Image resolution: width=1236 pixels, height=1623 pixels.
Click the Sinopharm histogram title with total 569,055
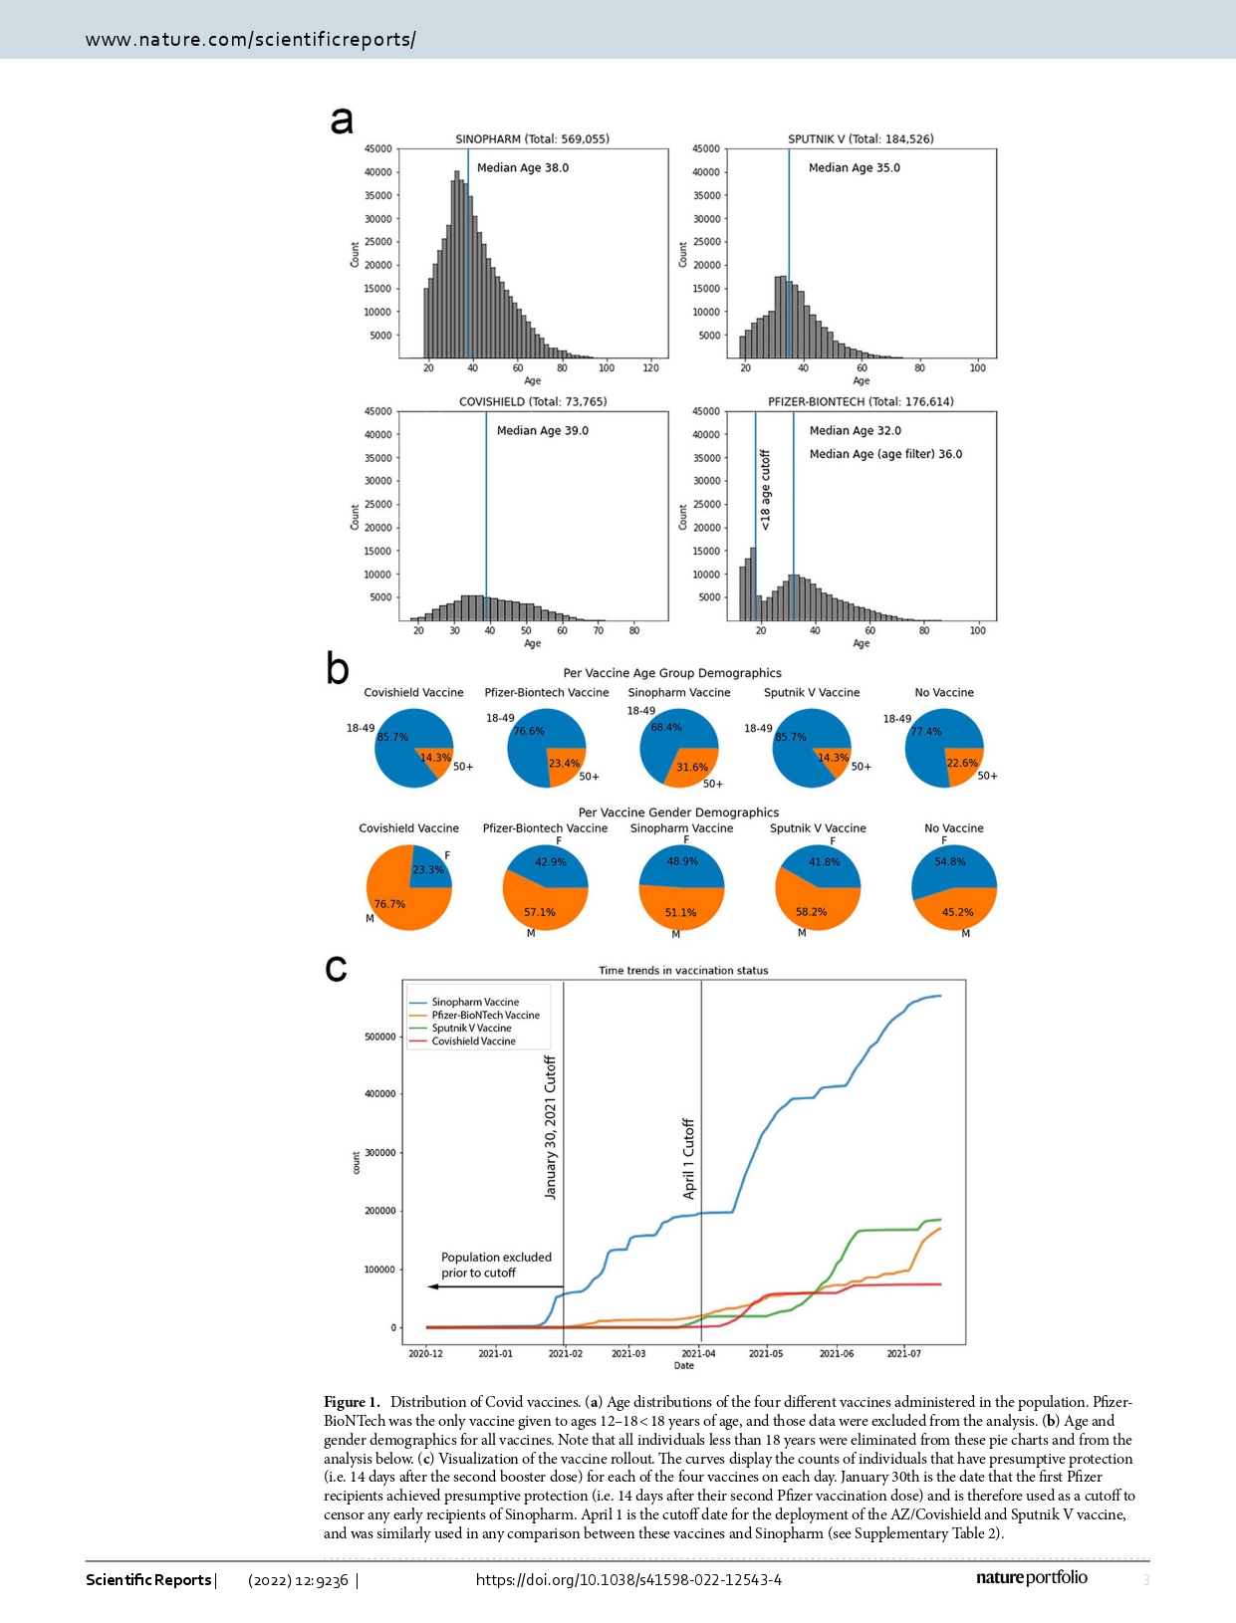pyautogui.click(x=532, y=139)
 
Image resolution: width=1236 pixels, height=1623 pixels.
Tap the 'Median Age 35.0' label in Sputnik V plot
pyautogui.click(x=854, y=168)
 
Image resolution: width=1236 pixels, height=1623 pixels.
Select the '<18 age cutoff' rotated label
pyautogui.click(x=765, y=489)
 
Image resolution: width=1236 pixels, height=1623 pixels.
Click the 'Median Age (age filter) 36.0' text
pyautogui.click(x=885, y=454)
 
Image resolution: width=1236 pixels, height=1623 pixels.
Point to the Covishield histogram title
pyautogui.click(x=532, y=402)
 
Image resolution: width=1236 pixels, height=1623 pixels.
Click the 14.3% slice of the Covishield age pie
pyautogui.click(x=435, y=758)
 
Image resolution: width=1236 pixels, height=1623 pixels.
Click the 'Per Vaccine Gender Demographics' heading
pyautogui.click(x=678, y=812)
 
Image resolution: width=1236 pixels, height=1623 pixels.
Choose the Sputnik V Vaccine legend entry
pyautogui.click(x=471, y=1029)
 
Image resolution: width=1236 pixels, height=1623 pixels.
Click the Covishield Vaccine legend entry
pyautogui.click(x=473, y=1042)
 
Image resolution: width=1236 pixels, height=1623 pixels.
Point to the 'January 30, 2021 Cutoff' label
pyautogui.click(x=551, y=1127)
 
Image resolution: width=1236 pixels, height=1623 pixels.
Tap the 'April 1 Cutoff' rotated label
pyautogui.click(x=688, y=1158)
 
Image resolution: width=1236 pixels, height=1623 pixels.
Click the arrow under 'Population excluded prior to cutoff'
pyautogui.click(x=495, y=1286)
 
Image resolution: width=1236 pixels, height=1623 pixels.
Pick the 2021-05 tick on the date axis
pyautogui.click(x=766, y=1353)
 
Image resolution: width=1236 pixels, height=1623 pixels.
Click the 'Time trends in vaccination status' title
pyautogui.click(x=683, y=970)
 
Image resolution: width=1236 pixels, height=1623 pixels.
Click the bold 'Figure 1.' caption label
pyautogui.click(x=352, y=1402)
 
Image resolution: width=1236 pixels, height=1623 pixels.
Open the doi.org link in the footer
pyautogui.click(x=628, y=1579)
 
